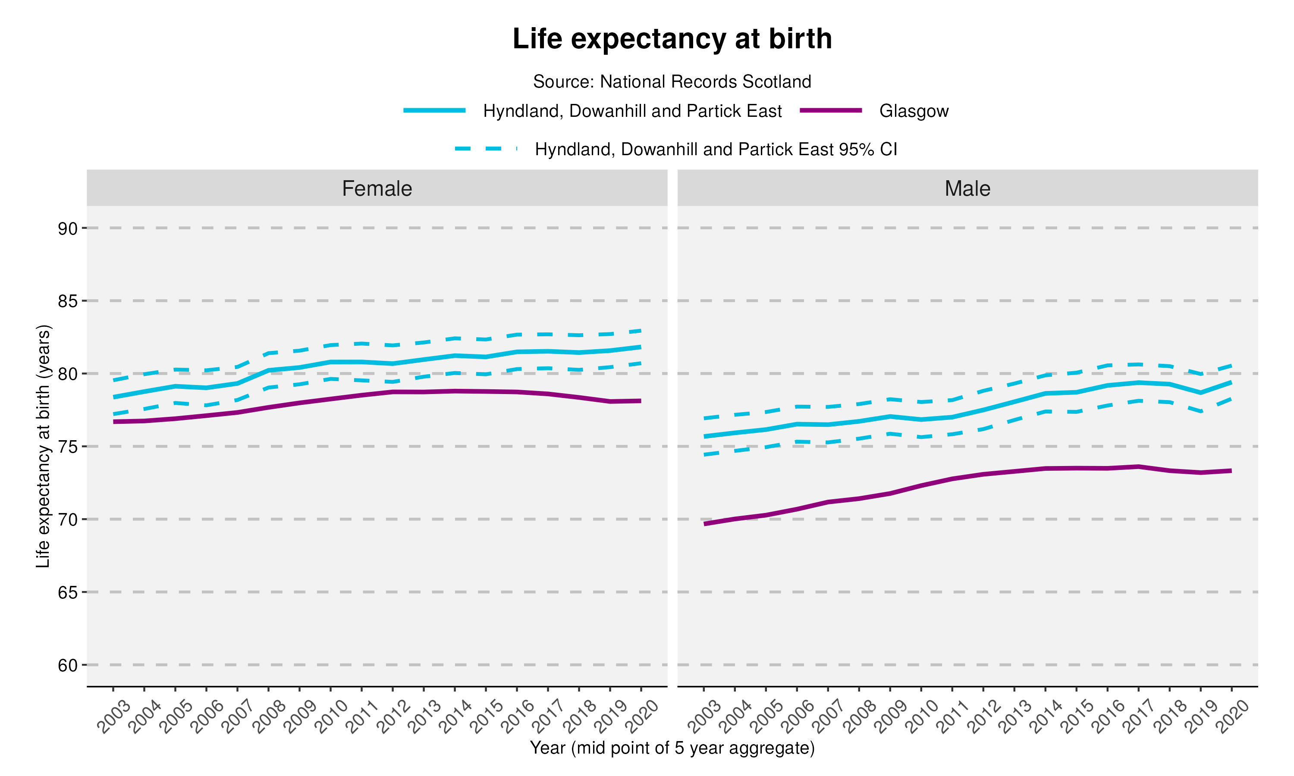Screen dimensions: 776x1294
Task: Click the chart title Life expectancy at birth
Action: pos(672,39)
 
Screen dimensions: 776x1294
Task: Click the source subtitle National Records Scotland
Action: pos(672,81)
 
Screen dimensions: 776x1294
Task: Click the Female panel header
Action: pos(377,188)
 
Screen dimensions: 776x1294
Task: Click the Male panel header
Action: pos(967,188)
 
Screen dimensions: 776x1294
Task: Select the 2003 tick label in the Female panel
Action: pos(114,717)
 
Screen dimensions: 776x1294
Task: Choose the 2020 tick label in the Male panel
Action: pos(1232,717)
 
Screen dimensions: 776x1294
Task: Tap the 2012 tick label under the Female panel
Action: pos(393,717)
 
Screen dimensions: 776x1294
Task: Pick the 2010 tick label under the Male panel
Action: pos(922,717)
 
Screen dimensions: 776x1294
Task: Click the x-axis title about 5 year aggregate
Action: pos(672,748)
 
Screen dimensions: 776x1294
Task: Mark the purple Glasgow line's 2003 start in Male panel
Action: pos(704,523)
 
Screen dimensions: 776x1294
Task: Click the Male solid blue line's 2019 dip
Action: pos(1200,392)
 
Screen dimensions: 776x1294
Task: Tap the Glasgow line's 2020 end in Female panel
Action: pos(640,401)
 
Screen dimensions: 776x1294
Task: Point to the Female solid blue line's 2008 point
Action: pos(268,370)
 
